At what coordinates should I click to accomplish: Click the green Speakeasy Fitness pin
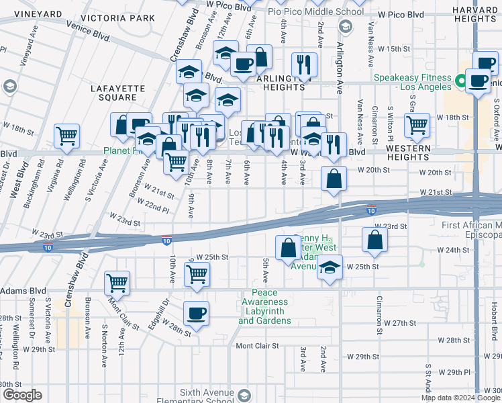[x=460, y=81]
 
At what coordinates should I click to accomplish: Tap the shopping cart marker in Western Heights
[x=417, y=124]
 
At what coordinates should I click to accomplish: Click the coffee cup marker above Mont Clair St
[x=197, y=312]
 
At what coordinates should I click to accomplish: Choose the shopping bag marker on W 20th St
[x=334, y=179]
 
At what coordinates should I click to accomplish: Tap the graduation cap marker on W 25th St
[x=330, y=267]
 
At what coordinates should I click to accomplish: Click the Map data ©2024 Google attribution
[x=460, y=397]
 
